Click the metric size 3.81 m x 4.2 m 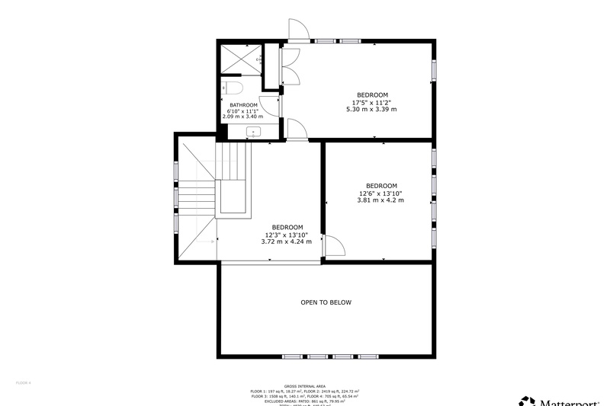[x=381, y=200]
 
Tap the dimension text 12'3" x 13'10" [x=287, y=235]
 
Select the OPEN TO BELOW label [x=326, y=302]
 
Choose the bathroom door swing [x=269, y=107]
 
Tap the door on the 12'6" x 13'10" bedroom [x=334, y=245]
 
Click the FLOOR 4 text [x=24, y=382]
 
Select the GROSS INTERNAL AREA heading [x=305, y=387]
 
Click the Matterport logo [x=564, y=401]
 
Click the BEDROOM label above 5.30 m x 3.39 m [x=372, y=95]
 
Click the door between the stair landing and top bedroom [x=297, y=130]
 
